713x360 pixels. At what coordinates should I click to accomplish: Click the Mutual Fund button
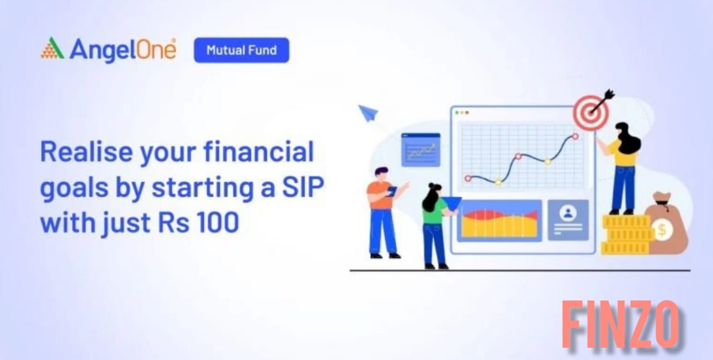click(242, 50)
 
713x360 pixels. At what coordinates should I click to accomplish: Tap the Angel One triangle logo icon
click(52, 48)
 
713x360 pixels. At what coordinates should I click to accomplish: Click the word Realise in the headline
click(86, 152)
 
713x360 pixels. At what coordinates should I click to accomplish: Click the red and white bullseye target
click(591, 113)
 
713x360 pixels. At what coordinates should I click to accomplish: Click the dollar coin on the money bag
click(662, 230)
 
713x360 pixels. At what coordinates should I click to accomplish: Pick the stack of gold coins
click(625, 235)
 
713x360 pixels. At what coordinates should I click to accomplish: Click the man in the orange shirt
click(384, 212)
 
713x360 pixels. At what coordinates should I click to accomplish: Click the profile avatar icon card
click(568, 220)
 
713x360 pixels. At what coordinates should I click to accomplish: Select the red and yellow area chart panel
click(500, 221)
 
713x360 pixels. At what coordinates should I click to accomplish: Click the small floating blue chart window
click(421, 150)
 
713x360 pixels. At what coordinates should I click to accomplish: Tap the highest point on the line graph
click(575, 137)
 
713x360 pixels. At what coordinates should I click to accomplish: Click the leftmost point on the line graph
click(468, 178)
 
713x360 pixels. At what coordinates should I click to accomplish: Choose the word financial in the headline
click(259, 152)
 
